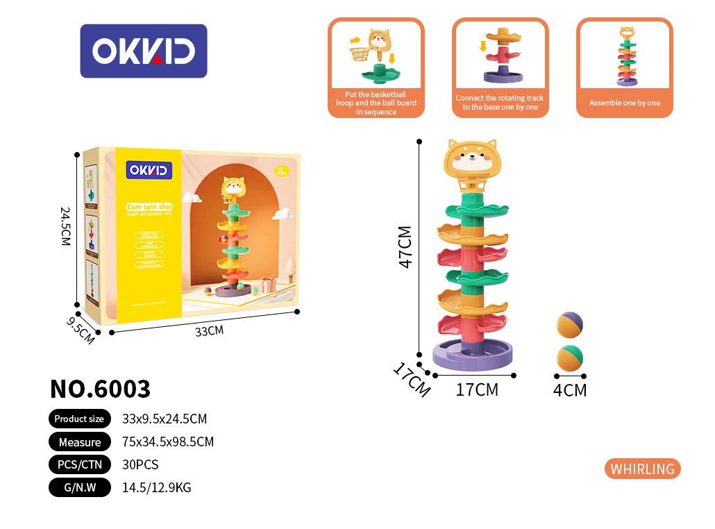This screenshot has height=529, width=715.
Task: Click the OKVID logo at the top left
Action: tap(144, 51)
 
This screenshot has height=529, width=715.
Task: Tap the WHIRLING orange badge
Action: tap(642, 469)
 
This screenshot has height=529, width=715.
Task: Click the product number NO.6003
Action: tap(100, 389)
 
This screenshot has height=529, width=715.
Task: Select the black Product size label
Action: tap(79, 419)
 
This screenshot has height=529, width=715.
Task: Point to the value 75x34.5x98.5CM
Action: tap(167, 442)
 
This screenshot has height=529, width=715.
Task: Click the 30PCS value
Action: tap(140, 464)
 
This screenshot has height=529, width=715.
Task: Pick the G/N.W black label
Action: tap(79, 487)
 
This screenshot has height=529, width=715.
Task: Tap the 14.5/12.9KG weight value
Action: tap(156, 487)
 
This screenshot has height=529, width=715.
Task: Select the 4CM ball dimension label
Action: tap(570, 390)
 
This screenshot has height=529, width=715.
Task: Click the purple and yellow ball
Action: tap(570, 325)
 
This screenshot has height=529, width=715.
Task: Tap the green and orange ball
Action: tap(570, 358)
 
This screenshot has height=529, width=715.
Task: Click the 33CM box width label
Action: tap(209, 331)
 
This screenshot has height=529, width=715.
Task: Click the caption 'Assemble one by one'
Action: tap(625, 103)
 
